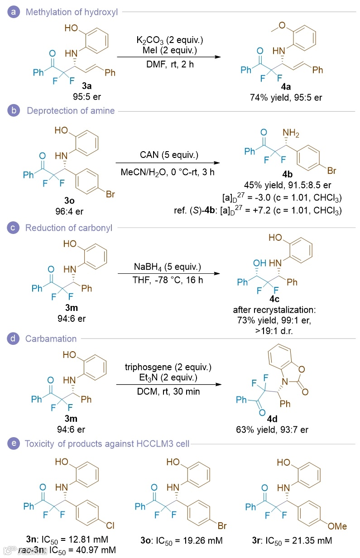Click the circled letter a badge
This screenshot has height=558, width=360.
tap(15, 12)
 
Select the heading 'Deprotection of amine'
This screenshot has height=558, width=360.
tap(70, 111)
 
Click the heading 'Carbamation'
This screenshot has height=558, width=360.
tap(51, 339)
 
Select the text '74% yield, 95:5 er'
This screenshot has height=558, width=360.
tap(286, 97)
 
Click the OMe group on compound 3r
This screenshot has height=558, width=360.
tap(337, 526)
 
